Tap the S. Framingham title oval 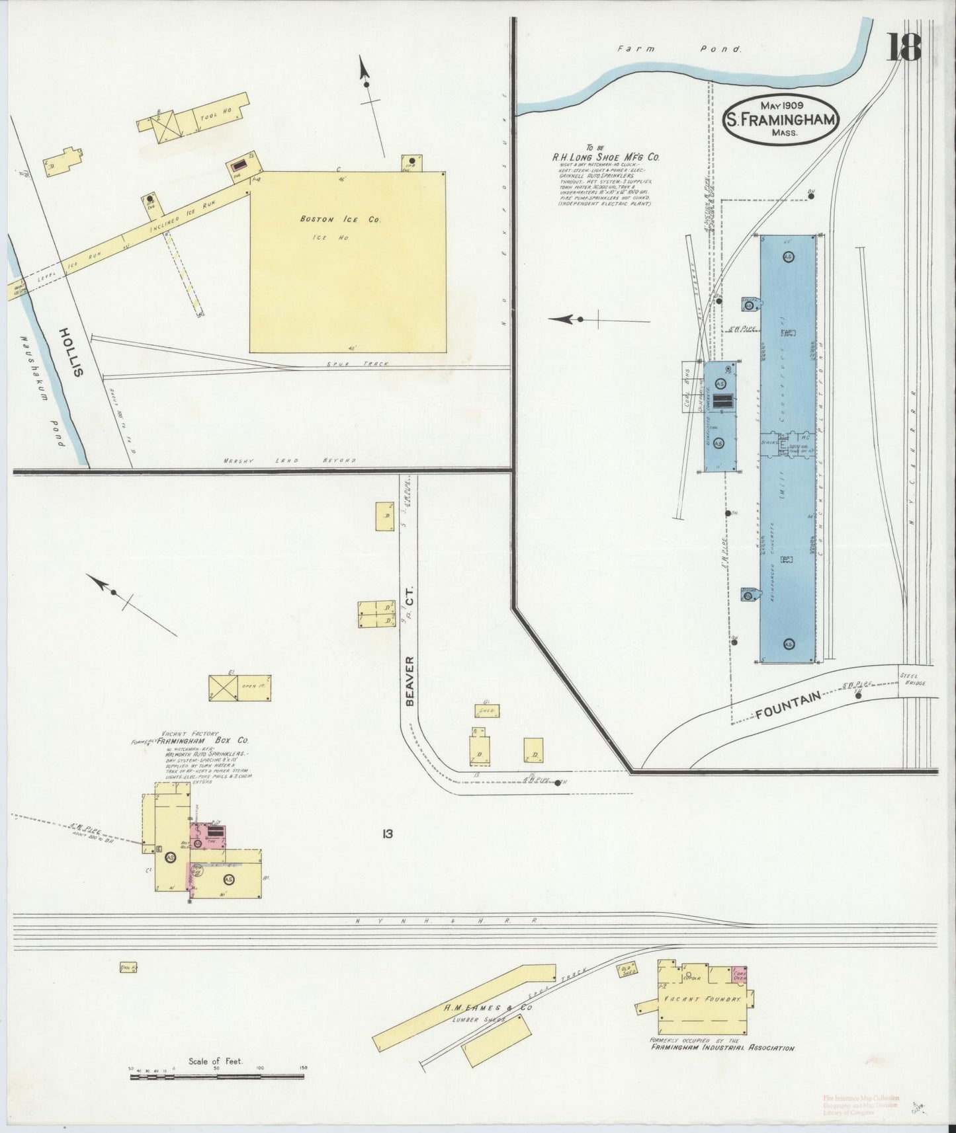781,120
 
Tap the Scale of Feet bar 218,1077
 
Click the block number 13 387,834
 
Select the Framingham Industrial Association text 723,1048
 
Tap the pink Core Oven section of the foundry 738,974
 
